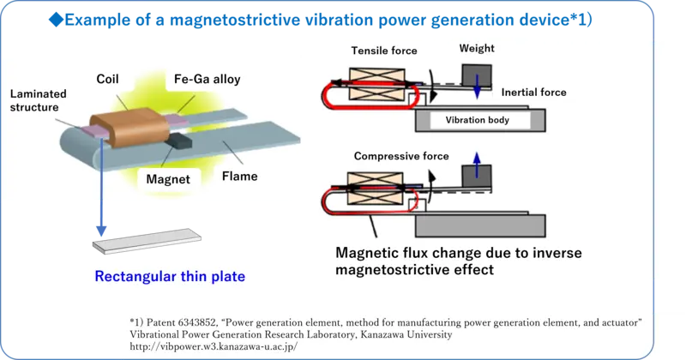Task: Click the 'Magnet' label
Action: point(167,179)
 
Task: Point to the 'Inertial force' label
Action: point(533,91)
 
